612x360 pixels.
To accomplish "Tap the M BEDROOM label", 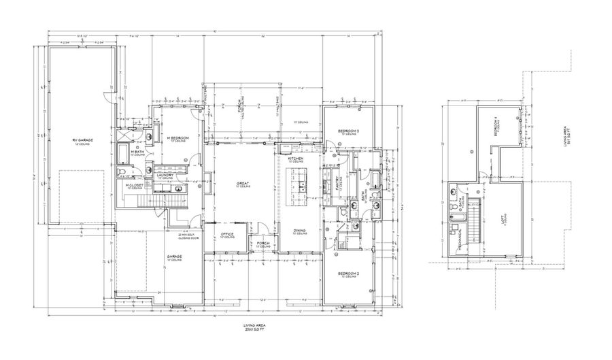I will (x=178, y=138).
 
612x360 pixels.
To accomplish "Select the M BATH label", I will (x=137, y=152).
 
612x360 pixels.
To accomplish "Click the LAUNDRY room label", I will (x=166, y=176).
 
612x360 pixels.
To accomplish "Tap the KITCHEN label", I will (x=294, y=159).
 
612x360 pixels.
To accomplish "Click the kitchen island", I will (x=300, y=184).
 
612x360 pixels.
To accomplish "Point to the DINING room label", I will (x=299, y=231).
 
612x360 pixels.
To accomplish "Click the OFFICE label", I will (x=227, y=235).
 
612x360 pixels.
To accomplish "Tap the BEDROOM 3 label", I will (x=348, y=131).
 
